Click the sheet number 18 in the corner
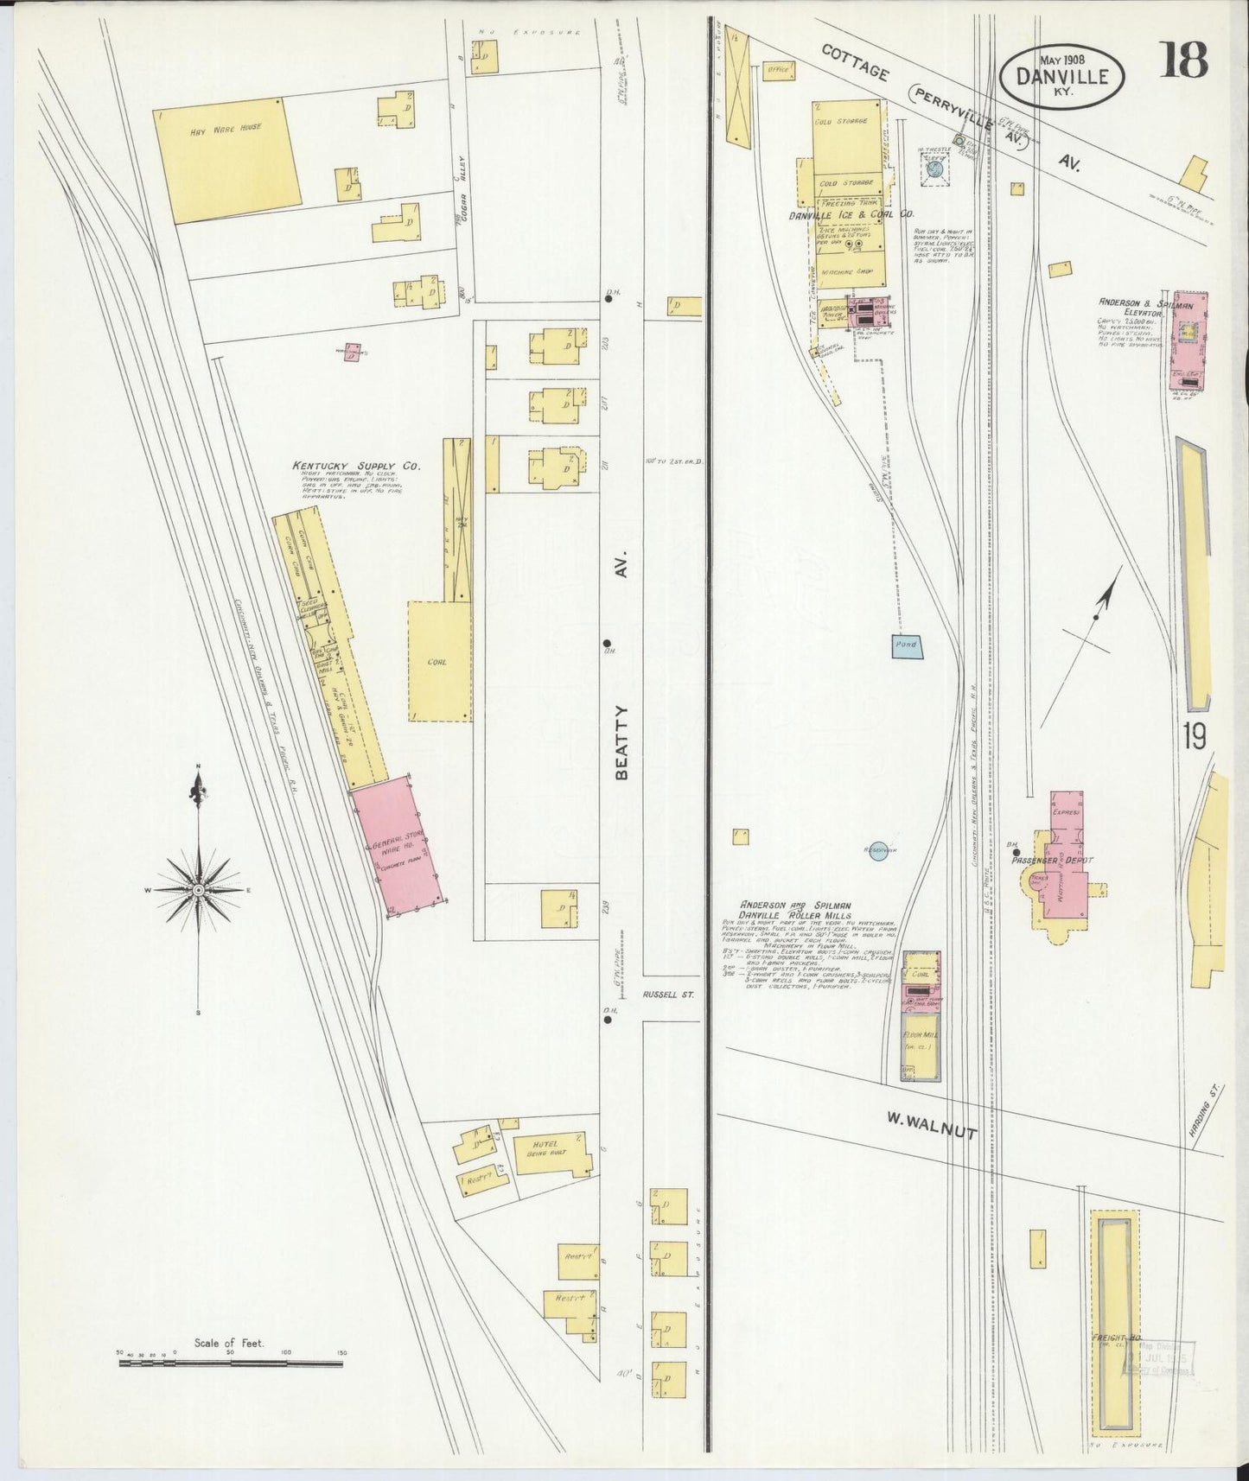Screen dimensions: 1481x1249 [1184, 60]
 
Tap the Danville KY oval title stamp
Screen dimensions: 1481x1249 [1062, 77]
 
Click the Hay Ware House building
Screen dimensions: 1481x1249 [228, 162]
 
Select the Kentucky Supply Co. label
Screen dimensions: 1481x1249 [355, 466]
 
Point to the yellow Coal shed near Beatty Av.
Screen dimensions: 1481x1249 [440, 661]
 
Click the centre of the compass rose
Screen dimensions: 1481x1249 [199, 889]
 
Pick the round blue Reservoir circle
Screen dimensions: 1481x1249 [878, 851]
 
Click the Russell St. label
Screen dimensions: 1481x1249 [668, 995]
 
